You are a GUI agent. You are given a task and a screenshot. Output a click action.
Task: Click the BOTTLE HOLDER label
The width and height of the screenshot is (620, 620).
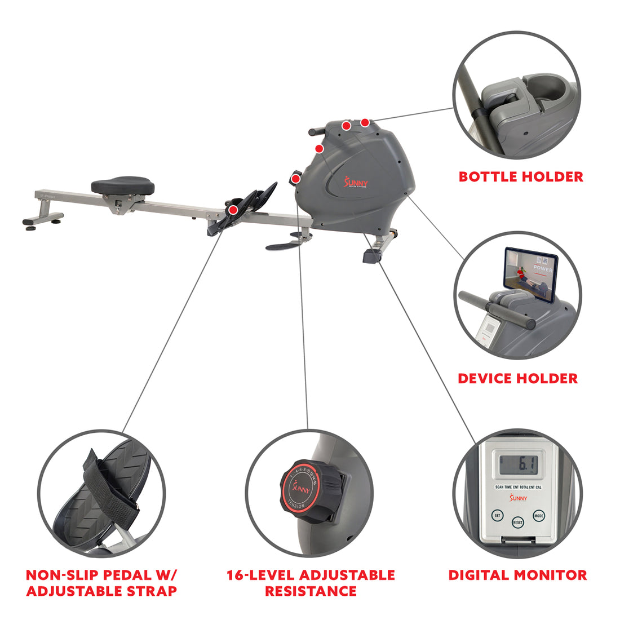520,176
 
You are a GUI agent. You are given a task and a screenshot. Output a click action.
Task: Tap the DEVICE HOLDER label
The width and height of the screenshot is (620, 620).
517,378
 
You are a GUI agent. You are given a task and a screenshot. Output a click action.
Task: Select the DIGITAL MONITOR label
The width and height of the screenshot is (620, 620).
517,575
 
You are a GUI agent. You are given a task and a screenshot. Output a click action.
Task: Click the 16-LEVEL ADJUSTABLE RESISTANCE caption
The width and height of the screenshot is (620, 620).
311,583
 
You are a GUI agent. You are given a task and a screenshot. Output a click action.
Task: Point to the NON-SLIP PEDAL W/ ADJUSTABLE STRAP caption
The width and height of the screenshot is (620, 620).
101,583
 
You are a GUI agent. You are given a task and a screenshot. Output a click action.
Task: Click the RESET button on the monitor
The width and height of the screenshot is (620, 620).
517,522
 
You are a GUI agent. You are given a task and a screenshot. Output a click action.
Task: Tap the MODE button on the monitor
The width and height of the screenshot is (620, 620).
538,515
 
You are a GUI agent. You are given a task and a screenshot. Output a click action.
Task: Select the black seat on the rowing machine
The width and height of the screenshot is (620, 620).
123,185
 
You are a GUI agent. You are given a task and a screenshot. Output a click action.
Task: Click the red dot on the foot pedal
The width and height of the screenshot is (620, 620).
233,210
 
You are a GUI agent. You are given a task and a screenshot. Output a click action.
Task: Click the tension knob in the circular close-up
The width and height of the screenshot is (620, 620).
307,488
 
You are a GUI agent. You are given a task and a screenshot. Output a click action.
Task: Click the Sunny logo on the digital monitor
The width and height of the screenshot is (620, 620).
517,498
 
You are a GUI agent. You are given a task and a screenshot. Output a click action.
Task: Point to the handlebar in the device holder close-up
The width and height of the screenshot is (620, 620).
496,309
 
